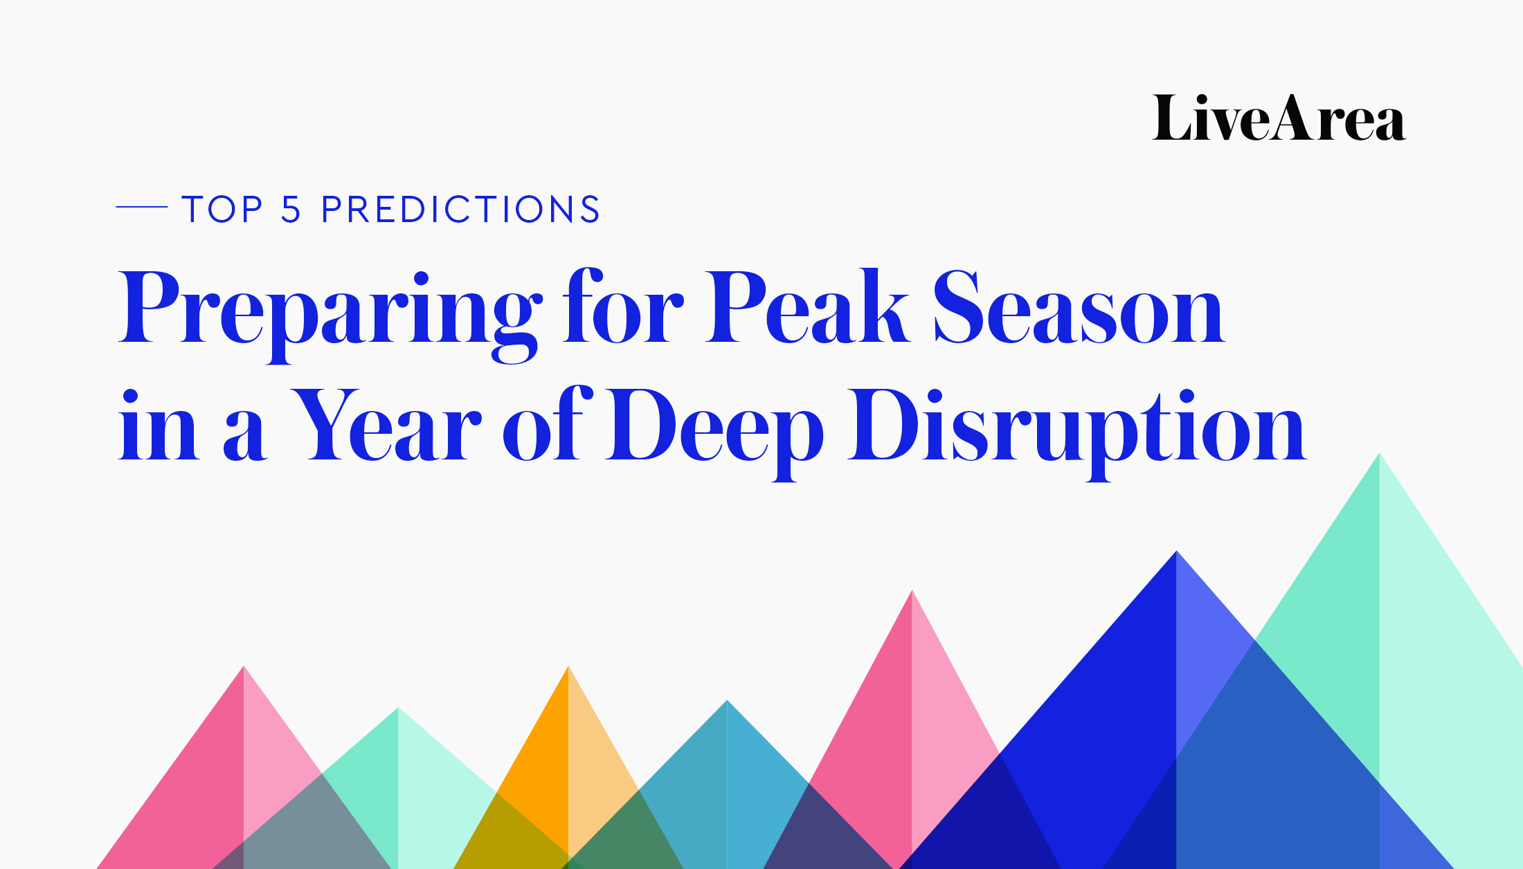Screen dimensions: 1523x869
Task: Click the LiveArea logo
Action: tap(1279, 118)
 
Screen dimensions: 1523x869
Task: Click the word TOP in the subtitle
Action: tap(222, 209)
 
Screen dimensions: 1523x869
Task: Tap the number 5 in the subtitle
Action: tap(291, 209)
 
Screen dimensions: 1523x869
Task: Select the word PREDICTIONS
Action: tap(461, 209)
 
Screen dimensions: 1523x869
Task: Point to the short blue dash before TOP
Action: tap(142, 206)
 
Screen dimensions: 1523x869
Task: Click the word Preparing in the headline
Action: tap(330, 315)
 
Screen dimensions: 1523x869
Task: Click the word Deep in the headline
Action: tap(714, 433)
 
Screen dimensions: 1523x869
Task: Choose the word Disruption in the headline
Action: tap(1077, 433)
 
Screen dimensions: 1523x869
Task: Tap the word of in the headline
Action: tap(548, 423)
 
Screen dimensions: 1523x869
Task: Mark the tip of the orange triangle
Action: tap(568, 666)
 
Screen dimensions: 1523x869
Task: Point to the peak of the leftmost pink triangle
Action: tap(244, 666)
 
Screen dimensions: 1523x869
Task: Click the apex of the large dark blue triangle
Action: tap(1176, 551)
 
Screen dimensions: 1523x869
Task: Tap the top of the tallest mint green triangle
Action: tap(1380, 454)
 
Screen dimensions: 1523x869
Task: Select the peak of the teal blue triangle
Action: tap(727, 701)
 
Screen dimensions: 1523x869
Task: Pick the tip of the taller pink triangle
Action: tap(912, 591)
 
